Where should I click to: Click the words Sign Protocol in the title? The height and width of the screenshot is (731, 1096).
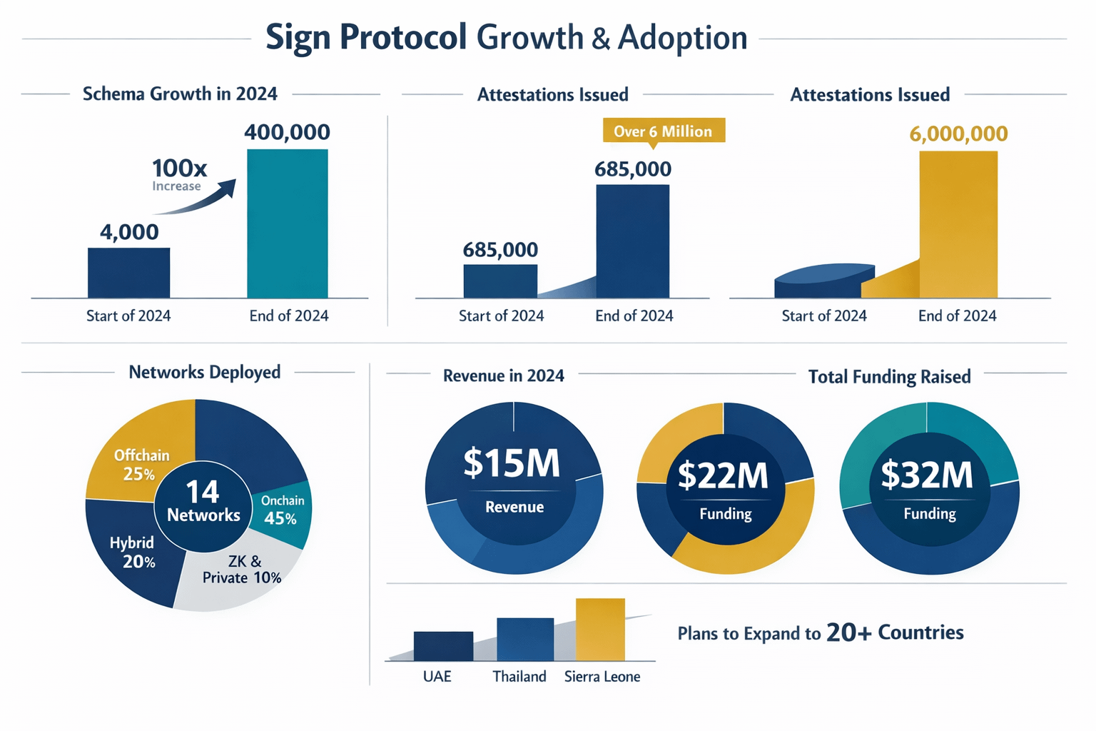point(366,37)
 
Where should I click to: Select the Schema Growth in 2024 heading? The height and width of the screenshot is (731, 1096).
point(180,94)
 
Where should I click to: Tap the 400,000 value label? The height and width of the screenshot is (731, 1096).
point(287,132)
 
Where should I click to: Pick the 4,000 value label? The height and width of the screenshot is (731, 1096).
point(129,232)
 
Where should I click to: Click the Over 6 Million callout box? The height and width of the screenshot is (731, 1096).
point(663,131)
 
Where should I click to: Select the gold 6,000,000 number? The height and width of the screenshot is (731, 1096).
point(958,133)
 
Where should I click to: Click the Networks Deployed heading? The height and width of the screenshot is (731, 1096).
point(205,372)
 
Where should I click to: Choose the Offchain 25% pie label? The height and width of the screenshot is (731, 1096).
point(141,464)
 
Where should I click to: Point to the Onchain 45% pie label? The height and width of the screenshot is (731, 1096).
point(282,510)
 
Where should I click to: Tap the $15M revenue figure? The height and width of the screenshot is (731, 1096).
point(512,463)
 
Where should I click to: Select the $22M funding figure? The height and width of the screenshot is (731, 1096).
point(723,475)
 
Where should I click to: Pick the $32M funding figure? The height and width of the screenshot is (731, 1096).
point(926,475)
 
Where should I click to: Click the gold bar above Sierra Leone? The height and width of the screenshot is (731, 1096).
point(600,629)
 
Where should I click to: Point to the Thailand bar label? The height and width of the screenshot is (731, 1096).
point(519,676)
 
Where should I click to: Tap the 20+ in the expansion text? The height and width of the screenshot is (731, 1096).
point(848,632)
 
